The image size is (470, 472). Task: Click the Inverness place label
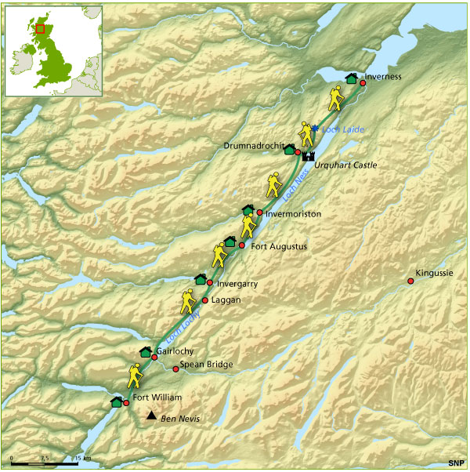tap(384, 77)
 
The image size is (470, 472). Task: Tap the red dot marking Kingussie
tap(410, 281)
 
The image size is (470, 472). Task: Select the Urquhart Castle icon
tap(307, 154)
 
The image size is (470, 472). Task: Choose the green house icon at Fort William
tap(117, 401)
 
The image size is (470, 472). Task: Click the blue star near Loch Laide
tap(315, 129)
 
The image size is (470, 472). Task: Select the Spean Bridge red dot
tap(175, 369)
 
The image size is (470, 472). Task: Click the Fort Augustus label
tap(278, 246)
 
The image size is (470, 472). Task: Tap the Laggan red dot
tap(205, 300)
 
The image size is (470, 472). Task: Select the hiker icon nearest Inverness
tap(336, 99)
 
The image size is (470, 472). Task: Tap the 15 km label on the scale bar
tap(82, 458)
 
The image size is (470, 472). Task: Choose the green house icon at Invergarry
tap(200, 278)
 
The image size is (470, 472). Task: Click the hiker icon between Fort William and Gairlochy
tap(136, 375)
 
